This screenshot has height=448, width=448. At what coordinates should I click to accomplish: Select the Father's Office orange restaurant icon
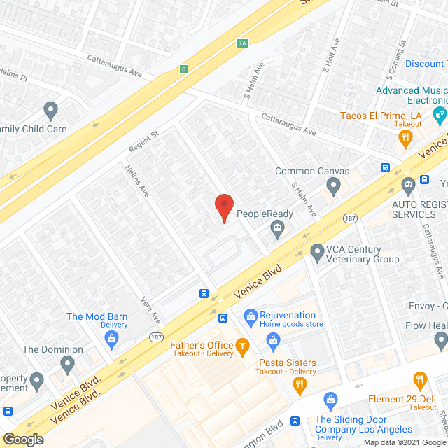pos(242,345)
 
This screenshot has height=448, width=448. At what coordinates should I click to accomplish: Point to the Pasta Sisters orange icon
pos(300,383)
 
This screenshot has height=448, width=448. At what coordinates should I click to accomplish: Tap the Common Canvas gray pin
pos(333,185)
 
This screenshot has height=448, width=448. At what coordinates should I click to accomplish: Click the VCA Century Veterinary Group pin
pos(317,250)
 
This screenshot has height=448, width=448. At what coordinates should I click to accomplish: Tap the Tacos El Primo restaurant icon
pos(405,139)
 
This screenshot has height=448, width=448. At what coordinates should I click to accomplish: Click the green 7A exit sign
pos(242,43)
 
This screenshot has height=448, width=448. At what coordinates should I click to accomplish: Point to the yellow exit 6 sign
pos(183,69)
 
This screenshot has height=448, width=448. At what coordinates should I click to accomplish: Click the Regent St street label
pos(144,145)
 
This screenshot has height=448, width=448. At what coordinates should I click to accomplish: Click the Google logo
pos(22,439)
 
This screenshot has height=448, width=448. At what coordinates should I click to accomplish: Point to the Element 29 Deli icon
pos(420,381)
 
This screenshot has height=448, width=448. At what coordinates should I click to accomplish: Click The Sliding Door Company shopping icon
pos(331,401)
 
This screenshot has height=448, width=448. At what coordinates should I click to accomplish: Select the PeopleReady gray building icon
pos(278,227)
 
